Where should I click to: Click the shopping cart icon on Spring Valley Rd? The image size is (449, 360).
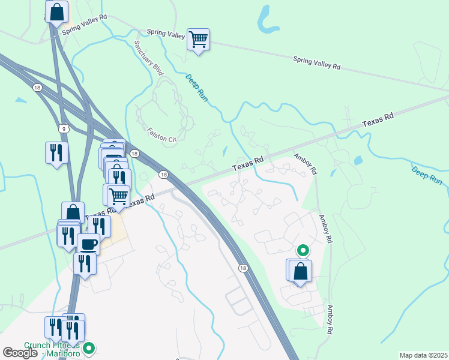(198, 40)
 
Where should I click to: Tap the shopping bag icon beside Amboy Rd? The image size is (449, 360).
(300, 271)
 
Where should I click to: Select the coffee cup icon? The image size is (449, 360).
(89, 244)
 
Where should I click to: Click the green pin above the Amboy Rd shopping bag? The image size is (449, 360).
(303, 250)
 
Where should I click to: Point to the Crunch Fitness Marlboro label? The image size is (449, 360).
(52, 349)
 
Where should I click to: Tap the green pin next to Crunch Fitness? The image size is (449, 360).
(89, 347)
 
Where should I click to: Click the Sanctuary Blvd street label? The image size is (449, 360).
(148, 58)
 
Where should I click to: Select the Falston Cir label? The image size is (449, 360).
(162, 135)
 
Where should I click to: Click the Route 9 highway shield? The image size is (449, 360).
(63, 128)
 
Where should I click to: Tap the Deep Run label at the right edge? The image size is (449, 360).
(427, 175)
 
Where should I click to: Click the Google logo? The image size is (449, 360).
(20, 353)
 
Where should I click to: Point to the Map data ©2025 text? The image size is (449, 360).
(423, 355)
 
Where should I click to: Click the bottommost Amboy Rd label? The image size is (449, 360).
(330, 319)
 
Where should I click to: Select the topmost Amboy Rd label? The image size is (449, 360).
(305, 164)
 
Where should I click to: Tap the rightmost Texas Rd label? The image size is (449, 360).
(378, 119)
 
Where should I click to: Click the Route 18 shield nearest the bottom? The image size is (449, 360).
(243, 268)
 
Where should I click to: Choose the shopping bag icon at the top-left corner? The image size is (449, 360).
(56, 11)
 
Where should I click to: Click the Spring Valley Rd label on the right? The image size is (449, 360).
(316, 62)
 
